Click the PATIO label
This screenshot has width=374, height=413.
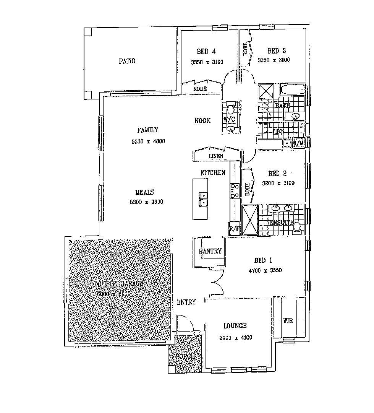coord(127,61)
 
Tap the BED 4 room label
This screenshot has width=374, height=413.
coord(206,51)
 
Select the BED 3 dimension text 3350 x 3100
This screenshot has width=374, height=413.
coord(274,60)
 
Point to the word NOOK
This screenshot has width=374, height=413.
coord(202,121)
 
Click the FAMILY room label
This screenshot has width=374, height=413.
coord(147,130)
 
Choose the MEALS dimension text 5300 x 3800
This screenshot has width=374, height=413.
coord(147,202)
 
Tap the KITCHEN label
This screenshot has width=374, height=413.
coord(213,173)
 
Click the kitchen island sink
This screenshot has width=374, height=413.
coord(203,199)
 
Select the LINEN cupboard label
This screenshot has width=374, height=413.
coord(216,156)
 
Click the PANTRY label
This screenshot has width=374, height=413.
coord(210,251)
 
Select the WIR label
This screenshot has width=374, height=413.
coord(288,320)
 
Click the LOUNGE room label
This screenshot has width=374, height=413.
coord(235,326)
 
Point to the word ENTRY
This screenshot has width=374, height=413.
coord(186,302)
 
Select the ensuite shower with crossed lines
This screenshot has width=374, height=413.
coord(250,220)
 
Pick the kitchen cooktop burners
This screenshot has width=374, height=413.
coord(234,190)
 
